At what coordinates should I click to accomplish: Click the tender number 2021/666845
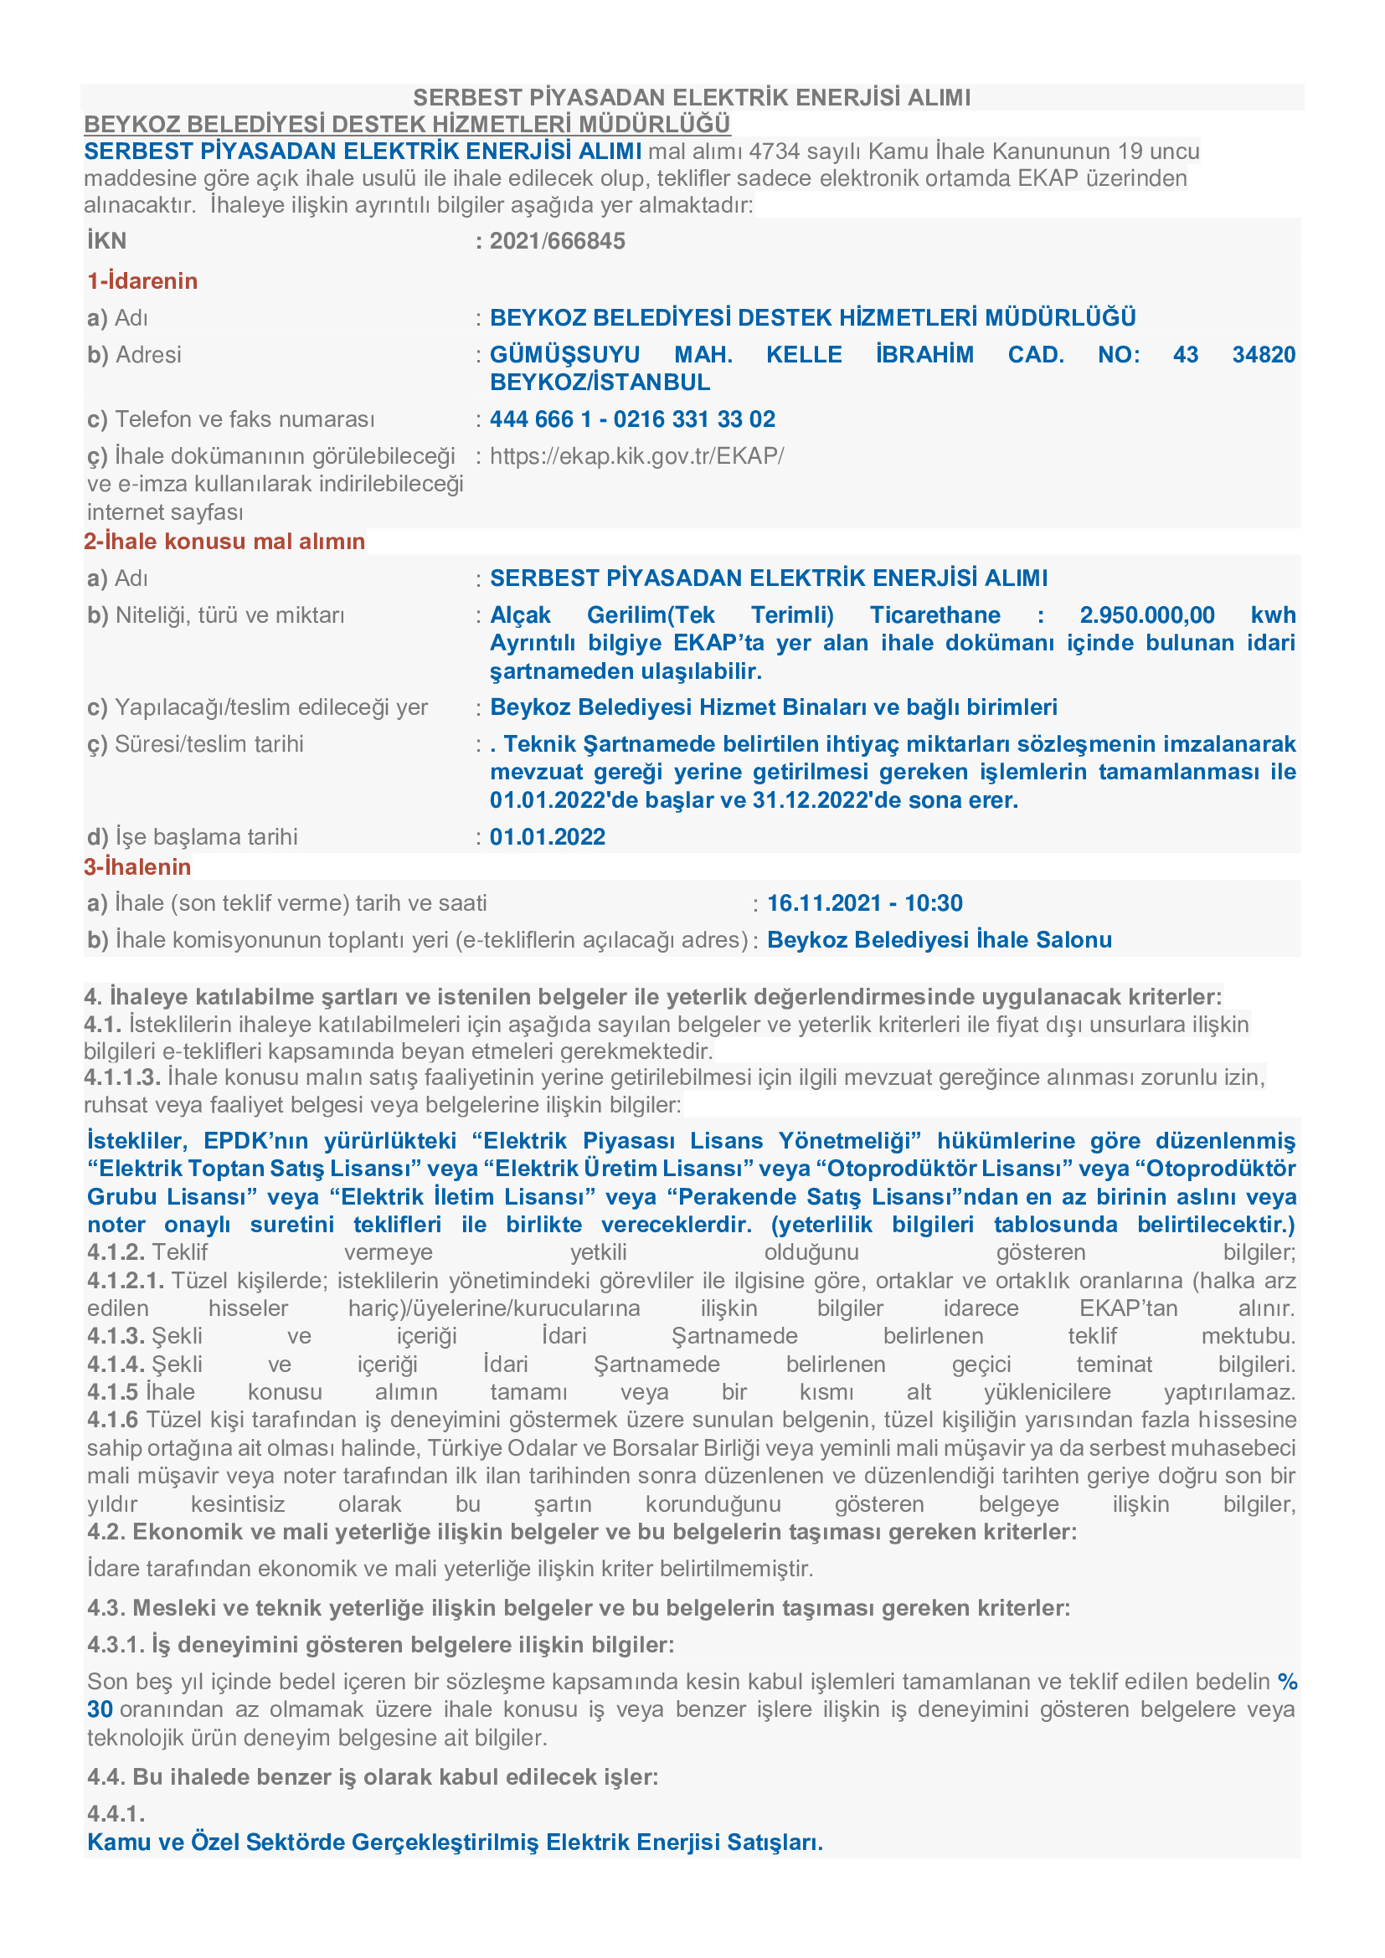click(x=557, y=241)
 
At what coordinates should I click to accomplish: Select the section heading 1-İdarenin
click(x=142, y=281)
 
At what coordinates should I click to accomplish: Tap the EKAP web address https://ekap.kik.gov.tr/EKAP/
click(x=636, y=456)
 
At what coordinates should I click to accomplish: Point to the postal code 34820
click(x=1263, y=355)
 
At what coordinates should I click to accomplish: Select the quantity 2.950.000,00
click(x=1147, y=615)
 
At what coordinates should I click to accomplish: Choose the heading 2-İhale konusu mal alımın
click(x=224, y=542)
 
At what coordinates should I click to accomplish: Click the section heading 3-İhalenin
click(x=137, y=867)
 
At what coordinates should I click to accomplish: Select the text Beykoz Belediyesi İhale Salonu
click(x=939, y=940)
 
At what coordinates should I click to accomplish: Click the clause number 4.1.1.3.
click(x=122, y=1078)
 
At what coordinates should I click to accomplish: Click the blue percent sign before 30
click(x=1287, y=1682)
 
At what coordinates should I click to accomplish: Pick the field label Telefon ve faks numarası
click(x=245, y=419)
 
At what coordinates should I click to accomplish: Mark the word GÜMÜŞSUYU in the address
click(x=564, y=355)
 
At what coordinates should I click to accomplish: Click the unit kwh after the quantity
click(x=1273, y=615)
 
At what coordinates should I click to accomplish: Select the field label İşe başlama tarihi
click(x=205, y=836)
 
